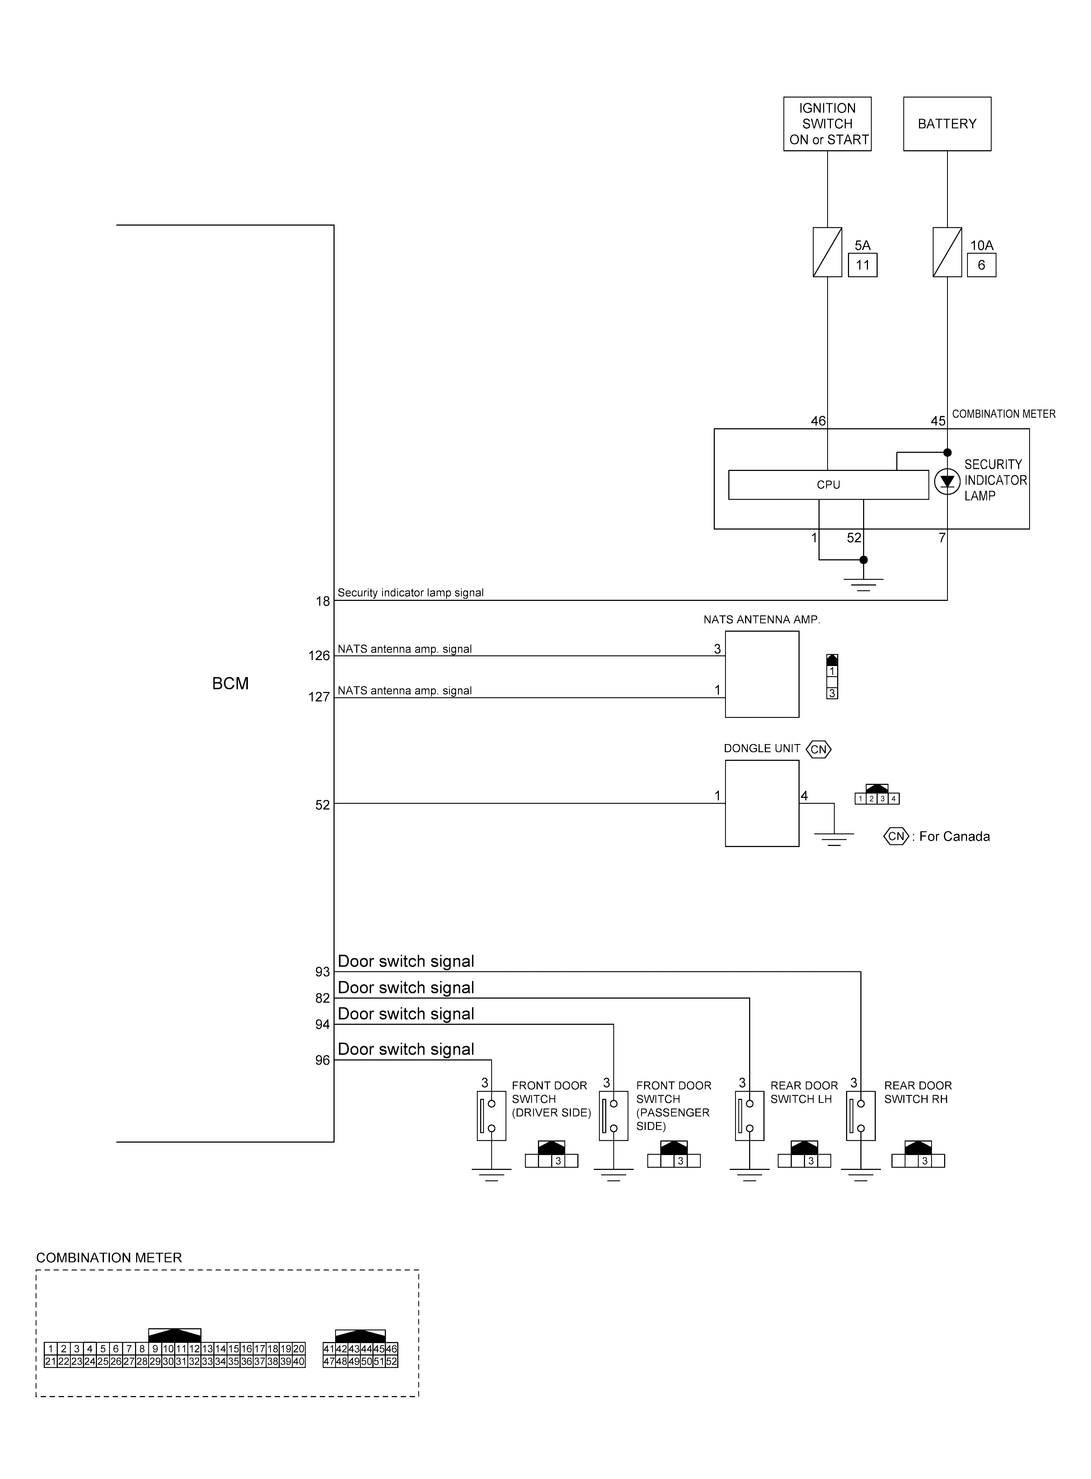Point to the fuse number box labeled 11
pyautogui.click(x=863, y=266)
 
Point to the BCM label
pyautogui.click(x=230, y=684)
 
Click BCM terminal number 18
pyautogui.click(x=322, y=601)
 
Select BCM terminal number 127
pyautogui.click(x=319, y=697)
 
